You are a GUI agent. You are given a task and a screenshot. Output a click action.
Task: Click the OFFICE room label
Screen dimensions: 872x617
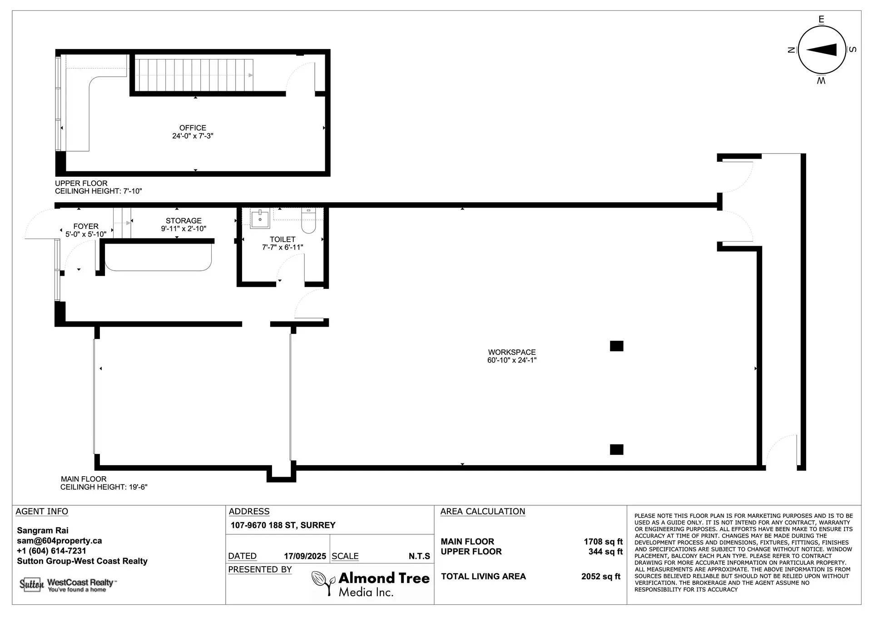coord(193,128)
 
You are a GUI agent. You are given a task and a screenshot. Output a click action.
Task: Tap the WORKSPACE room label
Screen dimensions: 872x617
coord(512,352)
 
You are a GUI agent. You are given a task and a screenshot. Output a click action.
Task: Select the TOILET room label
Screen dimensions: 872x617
coord(282,239)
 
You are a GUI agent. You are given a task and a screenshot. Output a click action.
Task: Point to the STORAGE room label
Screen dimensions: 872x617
coord(183,221)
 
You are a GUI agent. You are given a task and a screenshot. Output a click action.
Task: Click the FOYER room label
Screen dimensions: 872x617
coord(86,226)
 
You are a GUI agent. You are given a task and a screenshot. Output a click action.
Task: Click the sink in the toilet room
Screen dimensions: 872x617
coord(260,219)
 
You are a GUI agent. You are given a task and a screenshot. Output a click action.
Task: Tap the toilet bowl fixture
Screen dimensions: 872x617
coord(308,220)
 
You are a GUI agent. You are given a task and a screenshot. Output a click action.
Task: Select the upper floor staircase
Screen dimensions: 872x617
coord(194,75)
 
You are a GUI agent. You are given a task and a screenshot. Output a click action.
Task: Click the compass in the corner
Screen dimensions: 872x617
coord(822,50)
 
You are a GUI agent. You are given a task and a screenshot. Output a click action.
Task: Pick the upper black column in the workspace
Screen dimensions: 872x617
coord(616,346)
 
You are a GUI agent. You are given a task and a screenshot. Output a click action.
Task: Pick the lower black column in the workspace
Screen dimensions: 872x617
coord(616,449)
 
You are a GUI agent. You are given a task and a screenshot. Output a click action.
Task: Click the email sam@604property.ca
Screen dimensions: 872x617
coord(59,541)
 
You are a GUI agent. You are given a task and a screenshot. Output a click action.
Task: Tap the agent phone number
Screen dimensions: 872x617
coord(52,551)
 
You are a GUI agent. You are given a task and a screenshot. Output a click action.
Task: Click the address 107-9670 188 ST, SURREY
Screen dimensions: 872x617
coord(283,525)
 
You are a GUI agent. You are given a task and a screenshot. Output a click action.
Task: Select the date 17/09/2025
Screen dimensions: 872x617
coord(305,556)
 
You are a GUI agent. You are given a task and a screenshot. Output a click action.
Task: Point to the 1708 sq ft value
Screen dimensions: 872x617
coord(603,542)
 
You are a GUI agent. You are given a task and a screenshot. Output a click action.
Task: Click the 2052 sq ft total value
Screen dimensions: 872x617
coord(601,577)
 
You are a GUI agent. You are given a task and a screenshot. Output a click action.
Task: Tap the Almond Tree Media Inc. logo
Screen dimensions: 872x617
coord(371,584)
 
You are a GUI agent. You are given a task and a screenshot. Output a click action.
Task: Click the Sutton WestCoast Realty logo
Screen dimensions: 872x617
coord(68,585)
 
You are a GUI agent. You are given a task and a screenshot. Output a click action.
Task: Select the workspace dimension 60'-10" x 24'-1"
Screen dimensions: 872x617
coord(512,360)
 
